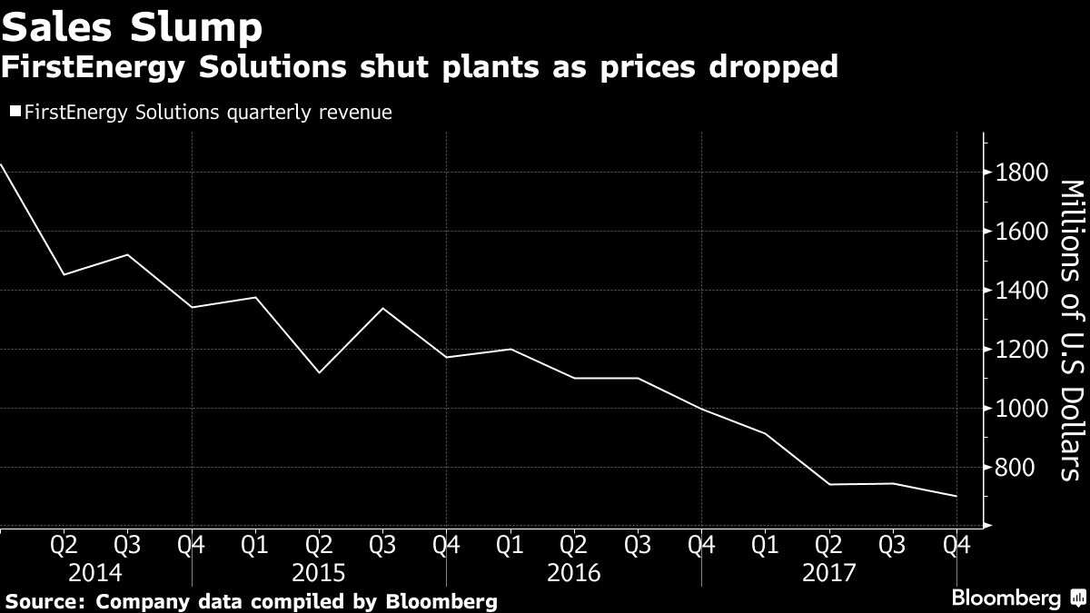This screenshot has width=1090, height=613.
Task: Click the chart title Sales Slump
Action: [x=133, y=27]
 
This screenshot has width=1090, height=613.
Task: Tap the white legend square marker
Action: [x=15, y=113]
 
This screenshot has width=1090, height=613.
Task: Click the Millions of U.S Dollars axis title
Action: [x=1073, y=329]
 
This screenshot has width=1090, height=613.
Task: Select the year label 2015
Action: [x=319, y=573]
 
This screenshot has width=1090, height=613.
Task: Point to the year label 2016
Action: [x=574, y=573]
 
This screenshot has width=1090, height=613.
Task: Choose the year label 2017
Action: [x=829, y=573]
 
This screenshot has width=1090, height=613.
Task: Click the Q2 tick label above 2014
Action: [x=64, y=546]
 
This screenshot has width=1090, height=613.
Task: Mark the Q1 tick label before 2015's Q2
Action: [x=255, y=546]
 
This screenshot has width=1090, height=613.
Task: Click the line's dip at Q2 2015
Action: [x=319, y=372]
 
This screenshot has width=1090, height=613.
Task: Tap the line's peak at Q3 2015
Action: [x=382, y=309]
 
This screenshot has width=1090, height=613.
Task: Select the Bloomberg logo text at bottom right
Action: [x=1006, y=598]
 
